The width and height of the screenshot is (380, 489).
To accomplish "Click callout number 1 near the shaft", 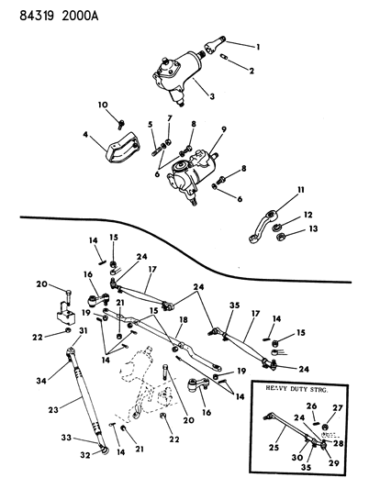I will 259,46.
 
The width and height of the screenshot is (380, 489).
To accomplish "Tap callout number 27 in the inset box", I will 340,408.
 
